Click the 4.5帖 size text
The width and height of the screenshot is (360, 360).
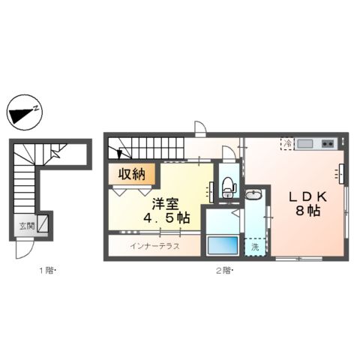166,218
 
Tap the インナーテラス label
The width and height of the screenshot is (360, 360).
154,246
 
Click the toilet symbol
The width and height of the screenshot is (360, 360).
229,185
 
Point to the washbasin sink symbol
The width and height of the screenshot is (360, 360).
255,196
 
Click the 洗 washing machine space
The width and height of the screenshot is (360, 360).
255,245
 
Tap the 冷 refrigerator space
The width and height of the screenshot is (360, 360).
287,143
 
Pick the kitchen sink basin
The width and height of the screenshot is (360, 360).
306,144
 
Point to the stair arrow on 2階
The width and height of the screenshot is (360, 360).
120,153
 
